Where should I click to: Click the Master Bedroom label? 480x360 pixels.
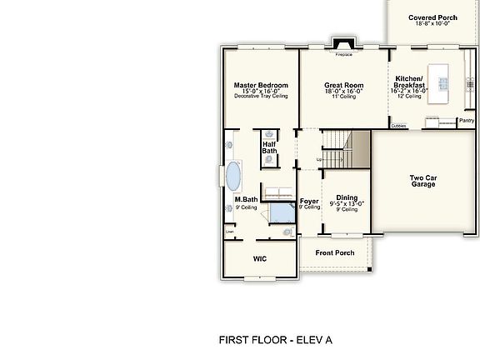point(261,85)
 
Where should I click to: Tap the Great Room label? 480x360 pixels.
point(344,85)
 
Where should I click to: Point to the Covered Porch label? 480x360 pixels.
point(432,17)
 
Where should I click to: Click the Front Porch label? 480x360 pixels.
point(335,252)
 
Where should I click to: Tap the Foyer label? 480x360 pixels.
point(309,202)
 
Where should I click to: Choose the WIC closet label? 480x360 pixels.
point(260,258)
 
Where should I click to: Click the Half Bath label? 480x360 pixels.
point(270,147)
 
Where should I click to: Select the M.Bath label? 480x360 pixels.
point(245,200)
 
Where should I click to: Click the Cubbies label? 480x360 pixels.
point(398,126)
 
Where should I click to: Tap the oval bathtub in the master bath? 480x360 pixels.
point(234,177)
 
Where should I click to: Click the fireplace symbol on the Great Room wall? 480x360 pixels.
point(343,45)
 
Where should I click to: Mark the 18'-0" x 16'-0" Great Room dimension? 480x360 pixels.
point(344,92)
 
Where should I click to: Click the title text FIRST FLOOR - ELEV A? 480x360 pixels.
point(275,339)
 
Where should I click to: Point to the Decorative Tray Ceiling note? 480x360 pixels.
point(261,97)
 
